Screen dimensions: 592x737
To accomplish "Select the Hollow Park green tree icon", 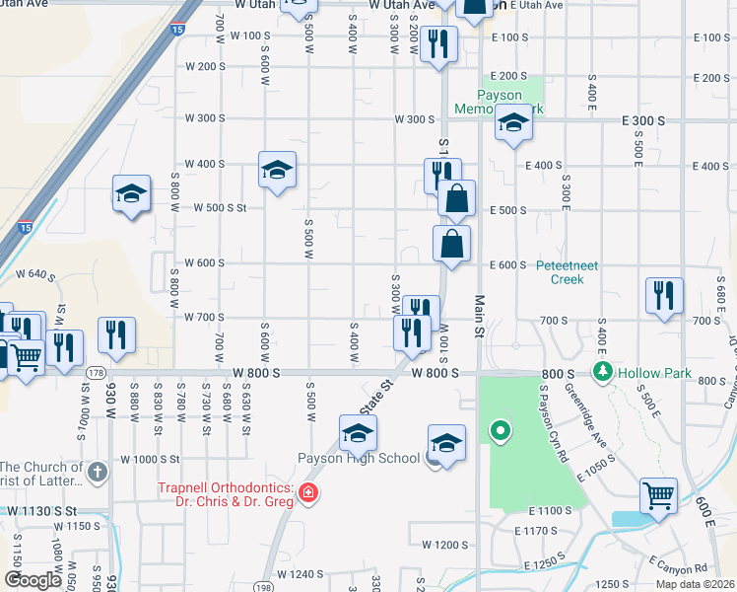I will coord(602,372).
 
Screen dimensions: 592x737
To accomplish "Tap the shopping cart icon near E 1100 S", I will coord(658,495).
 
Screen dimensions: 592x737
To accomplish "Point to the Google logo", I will coord(33,579).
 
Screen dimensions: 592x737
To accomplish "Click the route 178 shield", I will coord(96,372).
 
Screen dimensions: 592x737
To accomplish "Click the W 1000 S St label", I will coord(151,460).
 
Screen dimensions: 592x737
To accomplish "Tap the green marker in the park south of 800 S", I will coord(501,430).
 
